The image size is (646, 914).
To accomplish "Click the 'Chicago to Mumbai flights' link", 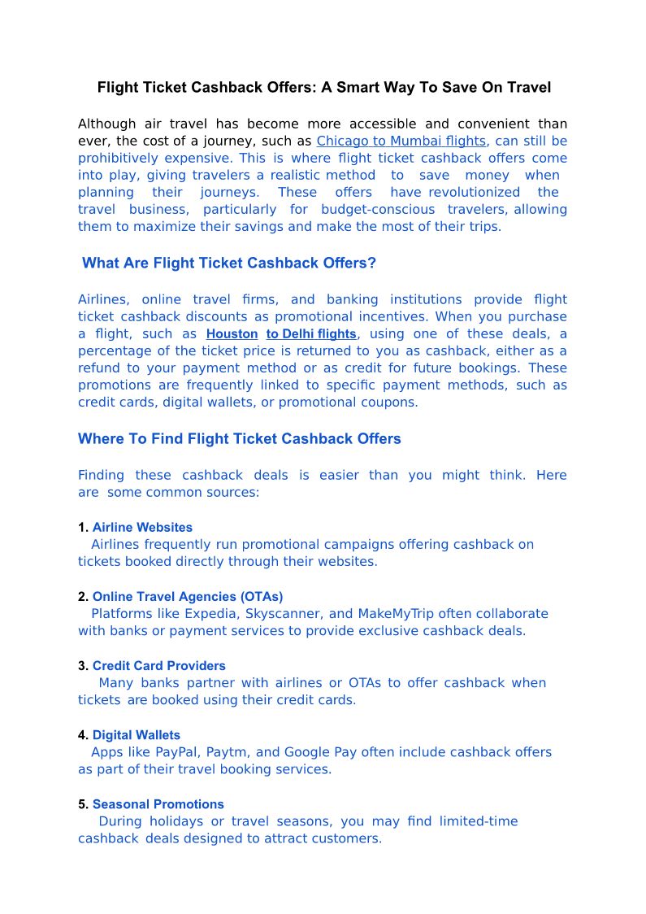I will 401,141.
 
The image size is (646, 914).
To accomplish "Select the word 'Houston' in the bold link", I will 232,333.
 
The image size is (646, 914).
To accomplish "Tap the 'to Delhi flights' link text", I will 311,333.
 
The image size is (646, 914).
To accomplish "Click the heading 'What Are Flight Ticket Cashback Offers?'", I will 229,263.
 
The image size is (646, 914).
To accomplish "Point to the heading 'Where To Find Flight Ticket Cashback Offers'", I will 239,439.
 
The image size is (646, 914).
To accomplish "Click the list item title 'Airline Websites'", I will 142,528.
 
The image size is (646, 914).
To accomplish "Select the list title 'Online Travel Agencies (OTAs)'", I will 188,597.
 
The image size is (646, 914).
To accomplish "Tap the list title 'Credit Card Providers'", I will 159,666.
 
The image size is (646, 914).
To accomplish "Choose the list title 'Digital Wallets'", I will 137,735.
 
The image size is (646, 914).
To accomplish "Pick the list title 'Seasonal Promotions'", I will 158,804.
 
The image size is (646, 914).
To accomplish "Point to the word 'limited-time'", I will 479,821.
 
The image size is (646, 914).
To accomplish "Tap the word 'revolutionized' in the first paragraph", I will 475,193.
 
